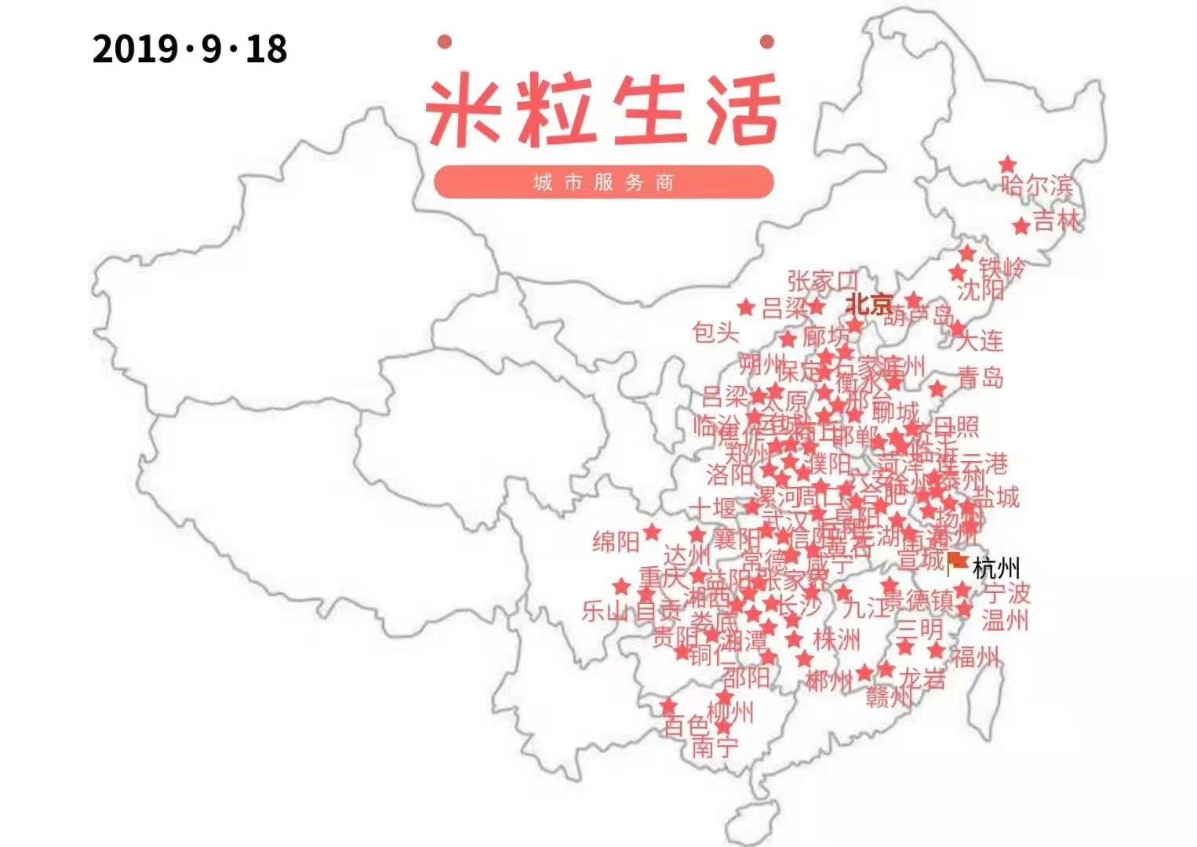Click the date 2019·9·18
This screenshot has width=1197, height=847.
(x=190, y=49)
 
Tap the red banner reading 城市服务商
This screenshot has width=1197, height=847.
(x=603, y=182)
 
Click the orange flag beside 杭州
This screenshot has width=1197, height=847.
(x=956, y=562)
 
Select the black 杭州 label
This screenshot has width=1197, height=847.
(x=996, y=568)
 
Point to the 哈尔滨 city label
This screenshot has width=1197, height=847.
(x=1036, y=186)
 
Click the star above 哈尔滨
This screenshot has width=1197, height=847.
(x=1007, y=165)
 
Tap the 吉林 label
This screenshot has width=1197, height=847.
(x=1056, y=221)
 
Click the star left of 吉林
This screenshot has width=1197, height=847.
(x=1021, y=227)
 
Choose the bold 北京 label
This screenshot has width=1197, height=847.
(x=869, y=303)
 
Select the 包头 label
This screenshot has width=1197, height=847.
(x=715, y=333)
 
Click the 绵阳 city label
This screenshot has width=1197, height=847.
(x=616, y=541)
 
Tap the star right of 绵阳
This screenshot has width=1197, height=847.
(x=652, y=533)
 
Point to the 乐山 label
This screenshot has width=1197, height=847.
(x=605, y=610)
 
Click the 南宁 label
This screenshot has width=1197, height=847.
(x=714, y=747)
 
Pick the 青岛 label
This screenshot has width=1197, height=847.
(x=981, y=378)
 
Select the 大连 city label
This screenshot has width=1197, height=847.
(x=981, y=340)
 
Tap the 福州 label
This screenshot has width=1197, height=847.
(x=975, y=656)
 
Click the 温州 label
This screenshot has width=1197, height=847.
(x=1005, y=620)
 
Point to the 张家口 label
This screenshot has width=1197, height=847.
(x=822, y=280)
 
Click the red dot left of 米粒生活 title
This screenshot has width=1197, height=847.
(x=445, y=41)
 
